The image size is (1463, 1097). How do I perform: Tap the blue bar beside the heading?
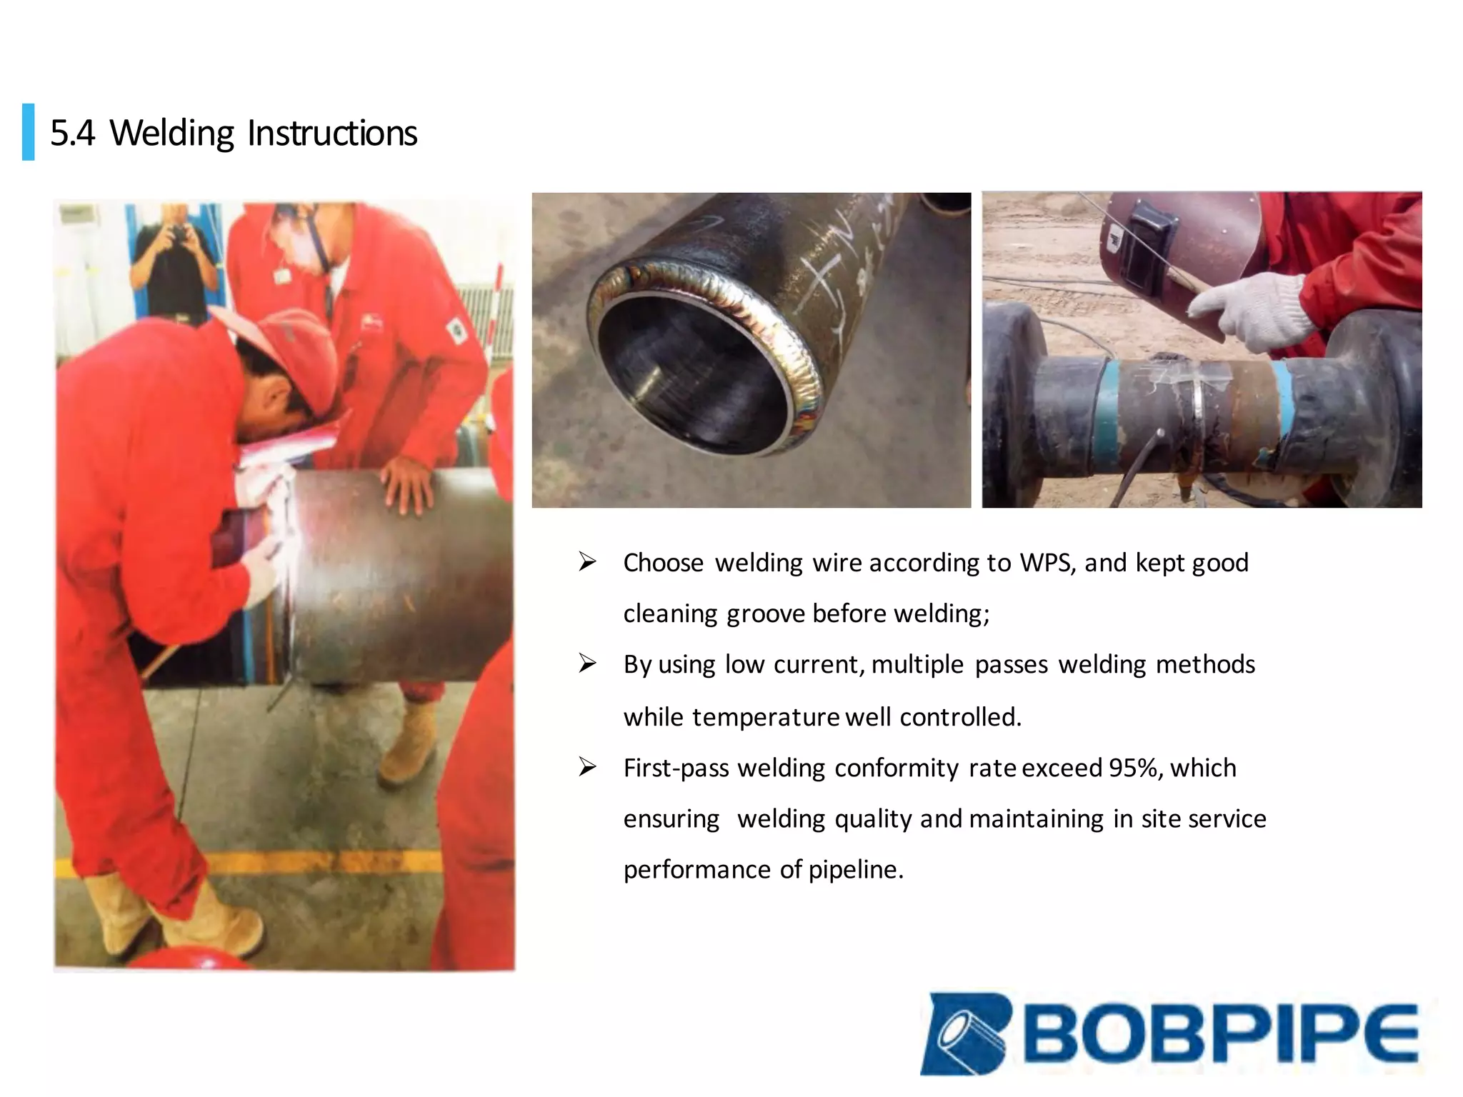tap(29, 132)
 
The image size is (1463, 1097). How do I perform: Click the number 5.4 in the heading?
tap(72, 134)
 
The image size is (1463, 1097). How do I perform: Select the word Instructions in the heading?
tap(332, 134)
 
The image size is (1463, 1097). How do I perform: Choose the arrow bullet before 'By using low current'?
tap(587, 664)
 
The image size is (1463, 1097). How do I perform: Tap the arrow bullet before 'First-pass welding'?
tap(587, 768)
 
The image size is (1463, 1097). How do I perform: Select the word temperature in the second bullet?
tap(765, 717)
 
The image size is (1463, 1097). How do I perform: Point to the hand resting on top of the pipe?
tap(407, 482)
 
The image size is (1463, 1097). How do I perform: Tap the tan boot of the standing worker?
tap(409, 743)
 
